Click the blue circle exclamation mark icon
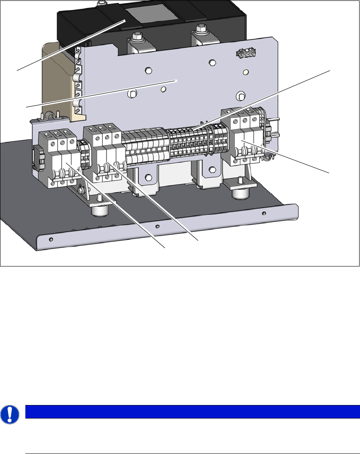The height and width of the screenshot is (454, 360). click(8, 415)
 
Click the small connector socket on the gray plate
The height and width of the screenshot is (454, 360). click(245, 54)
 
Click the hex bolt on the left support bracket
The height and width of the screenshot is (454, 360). click(148, 177)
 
